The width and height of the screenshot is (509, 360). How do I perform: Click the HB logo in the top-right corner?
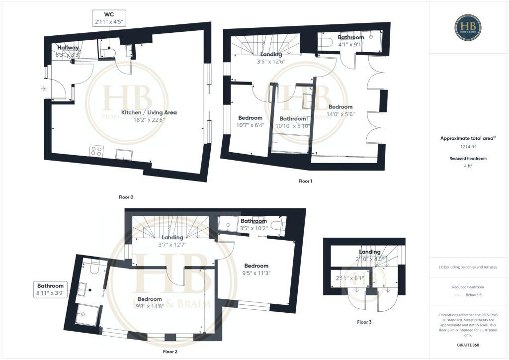coord(468,28)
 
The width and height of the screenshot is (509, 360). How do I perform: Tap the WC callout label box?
coord(109,18)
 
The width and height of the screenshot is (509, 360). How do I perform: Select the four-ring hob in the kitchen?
coord(96,151)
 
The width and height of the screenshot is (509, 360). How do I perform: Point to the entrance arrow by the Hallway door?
coord(44,89)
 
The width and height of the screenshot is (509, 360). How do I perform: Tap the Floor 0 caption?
coord(126,197)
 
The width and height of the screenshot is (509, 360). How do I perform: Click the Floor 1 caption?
coord(305,181)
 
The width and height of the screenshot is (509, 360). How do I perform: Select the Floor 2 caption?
coord(170,352)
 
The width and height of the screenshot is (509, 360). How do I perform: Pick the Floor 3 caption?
coord(364,322)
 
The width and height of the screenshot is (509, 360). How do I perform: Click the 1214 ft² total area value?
coord(467,147)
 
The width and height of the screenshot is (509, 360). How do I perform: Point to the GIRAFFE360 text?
coord(468,345)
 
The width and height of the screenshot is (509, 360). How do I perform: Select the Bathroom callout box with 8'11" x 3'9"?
coord(51,289)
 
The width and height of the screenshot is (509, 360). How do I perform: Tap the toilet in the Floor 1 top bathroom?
coord(325,43)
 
